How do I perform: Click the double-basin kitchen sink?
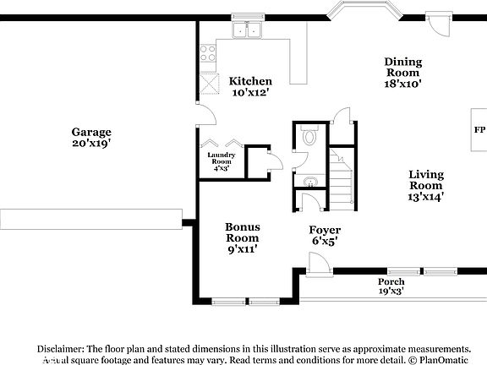[x=248, y=30]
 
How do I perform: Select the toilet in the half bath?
[x=309, y=136]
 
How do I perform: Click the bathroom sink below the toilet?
[x=309, y=181]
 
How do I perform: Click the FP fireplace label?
[x=479, y=131]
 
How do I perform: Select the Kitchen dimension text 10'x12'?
[x=249, y=92]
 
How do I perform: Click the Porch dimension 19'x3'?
[x=391, y=291]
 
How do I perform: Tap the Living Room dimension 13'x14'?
[x=426, y=196]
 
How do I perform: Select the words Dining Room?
[x=402, y=67]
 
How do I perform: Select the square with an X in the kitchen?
[x=209, y=84]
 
